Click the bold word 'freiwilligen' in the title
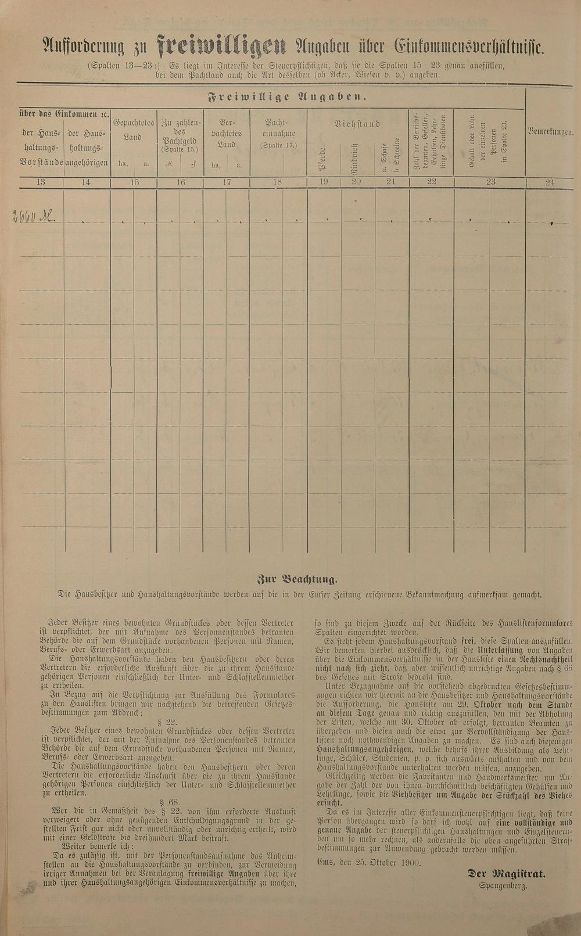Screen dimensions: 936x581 click(221, 46)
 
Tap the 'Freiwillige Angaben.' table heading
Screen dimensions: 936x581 click(287, 97)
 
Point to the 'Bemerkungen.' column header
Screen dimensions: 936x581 click(550, 132)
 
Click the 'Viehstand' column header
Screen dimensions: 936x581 click(357, 124)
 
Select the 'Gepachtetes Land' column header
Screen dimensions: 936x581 click(134, 130)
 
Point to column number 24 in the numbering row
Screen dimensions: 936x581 click(550, 183)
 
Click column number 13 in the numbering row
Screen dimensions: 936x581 click(41, 182)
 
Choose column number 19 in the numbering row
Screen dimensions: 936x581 click(324, 182)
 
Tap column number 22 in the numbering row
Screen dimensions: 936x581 click(431, 182)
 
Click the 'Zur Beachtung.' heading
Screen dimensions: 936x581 click(296, 579)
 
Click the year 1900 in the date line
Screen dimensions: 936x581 click(410, 862)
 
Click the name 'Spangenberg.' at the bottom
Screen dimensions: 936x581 click(503, 886)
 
